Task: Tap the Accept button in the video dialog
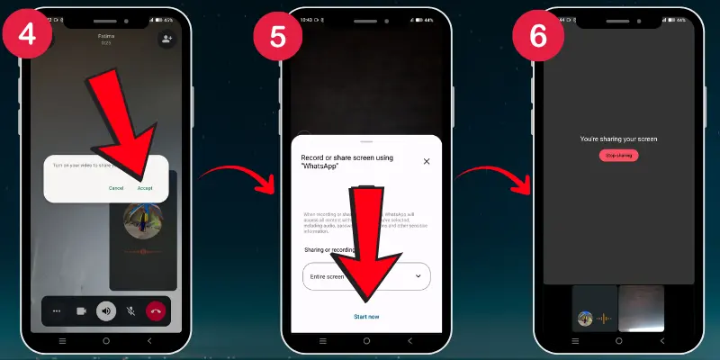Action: [145, 188]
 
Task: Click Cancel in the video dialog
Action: [116, 188]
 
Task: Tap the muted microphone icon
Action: [130, 311]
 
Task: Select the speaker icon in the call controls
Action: [106, 311]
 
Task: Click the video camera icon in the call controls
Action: [81, 311]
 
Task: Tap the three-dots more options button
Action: [57, 311]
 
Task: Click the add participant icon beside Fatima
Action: [166, 40]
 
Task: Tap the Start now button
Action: [366, 316]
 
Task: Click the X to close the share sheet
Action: [427, 161]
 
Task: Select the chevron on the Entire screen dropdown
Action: [418, 276]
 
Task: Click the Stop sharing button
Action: [618, 156]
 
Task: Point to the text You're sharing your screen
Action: [618, 139]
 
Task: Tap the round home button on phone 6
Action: [618, 342]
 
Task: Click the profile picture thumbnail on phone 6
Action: [585, 318]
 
